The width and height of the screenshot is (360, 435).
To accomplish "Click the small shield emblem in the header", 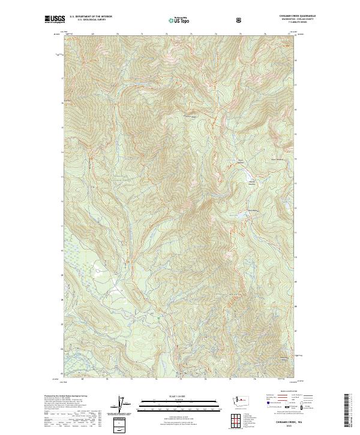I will click(x=239, y=20).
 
